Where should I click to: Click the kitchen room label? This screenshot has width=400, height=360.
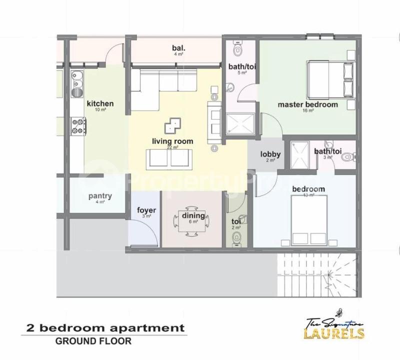(x=100, y=104)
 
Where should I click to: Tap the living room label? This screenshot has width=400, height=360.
(x=172, y=141)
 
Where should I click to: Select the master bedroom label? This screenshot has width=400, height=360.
(x=307, y=105)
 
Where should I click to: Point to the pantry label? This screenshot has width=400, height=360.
(x=100, y=196)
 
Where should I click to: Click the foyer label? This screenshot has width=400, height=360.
(x=146, y=210)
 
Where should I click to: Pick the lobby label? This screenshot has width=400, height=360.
(x=270, y=154)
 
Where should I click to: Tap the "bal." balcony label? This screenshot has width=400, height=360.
(x=178, y=48)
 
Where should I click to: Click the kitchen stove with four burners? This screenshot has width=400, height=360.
(x=77, y=126)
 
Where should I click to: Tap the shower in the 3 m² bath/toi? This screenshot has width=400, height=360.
(x=300, y=156)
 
